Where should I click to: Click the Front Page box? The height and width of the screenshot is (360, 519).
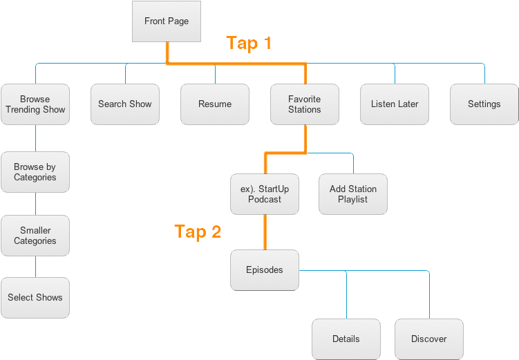166,21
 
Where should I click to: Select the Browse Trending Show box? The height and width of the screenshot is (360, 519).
35,104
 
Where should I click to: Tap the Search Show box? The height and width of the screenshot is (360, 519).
125,104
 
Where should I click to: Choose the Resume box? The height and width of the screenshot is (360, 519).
215,104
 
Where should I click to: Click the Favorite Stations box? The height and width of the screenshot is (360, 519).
305,104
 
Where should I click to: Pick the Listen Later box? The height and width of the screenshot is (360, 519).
395,104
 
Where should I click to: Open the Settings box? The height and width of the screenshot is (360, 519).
484,104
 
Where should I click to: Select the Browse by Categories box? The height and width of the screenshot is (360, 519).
35,172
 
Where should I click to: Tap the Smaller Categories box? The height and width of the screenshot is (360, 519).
35,236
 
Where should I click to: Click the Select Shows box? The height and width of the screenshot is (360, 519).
35,298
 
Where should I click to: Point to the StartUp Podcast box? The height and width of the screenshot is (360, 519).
265,194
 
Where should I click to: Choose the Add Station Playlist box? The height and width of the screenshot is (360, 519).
353,194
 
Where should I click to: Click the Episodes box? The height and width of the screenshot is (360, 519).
265,270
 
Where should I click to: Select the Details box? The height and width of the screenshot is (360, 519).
346,339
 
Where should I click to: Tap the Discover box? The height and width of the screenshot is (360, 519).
428,339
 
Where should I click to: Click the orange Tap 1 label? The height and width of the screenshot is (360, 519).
249,43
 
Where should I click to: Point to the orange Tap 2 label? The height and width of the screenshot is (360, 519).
198,231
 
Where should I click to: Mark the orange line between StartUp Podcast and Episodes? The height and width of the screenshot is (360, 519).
265,232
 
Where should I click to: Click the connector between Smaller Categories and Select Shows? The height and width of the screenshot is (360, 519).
35,267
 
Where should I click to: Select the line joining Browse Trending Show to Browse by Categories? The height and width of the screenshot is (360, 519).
35,138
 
